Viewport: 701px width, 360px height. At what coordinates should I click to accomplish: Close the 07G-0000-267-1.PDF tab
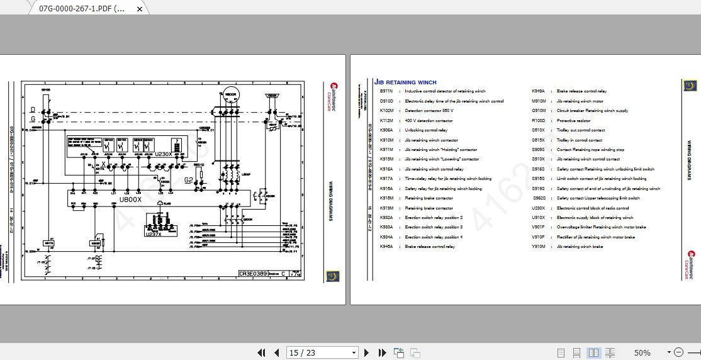click(x=139, y=9)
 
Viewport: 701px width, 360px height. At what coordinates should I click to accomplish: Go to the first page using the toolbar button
click(x=262, y=353)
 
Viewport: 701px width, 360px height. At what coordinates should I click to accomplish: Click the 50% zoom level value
click(x=642, y=353)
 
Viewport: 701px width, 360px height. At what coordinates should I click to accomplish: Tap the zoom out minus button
click(x=678, y=353)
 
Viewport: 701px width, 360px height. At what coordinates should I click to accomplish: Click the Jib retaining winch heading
click(x=405, y=82)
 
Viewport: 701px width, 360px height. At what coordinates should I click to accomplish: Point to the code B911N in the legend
click(x=386, y=91)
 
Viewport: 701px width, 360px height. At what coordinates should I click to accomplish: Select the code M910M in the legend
click(x=539, y=101)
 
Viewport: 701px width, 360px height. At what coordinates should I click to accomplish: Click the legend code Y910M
click(x=539, y=247)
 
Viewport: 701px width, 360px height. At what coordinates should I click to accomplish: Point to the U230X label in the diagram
click(x=163, y=154)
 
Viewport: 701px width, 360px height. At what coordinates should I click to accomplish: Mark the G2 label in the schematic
click(x=188, y=180)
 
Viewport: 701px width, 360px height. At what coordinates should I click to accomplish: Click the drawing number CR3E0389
click(x=252, y=274)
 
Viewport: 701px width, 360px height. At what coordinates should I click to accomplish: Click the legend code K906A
click(x=386, y=130)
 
